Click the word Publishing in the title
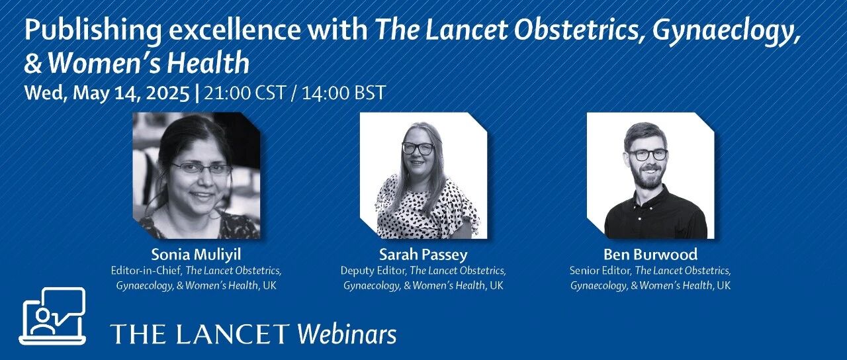93,31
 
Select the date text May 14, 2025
130,93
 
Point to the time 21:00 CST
245,93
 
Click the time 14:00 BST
343,93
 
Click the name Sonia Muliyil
196,255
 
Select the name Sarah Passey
423,255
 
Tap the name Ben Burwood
650,255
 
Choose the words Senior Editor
600,271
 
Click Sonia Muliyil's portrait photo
197,175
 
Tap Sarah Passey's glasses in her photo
418,148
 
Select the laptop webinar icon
52,316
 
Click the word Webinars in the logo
346,334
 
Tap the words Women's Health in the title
149,62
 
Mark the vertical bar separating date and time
197,93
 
